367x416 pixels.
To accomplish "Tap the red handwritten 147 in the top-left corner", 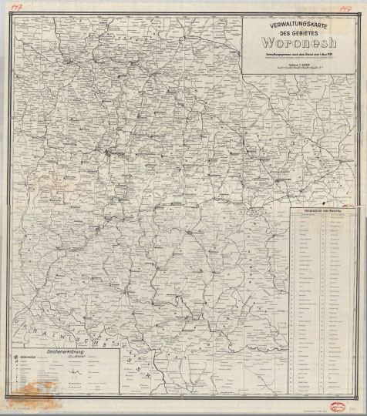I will click(14, 5).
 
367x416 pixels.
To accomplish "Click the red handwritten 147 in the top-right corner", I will click(344, 5).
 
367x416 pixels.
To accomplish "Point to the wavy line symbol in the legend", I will click(76, 369).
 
